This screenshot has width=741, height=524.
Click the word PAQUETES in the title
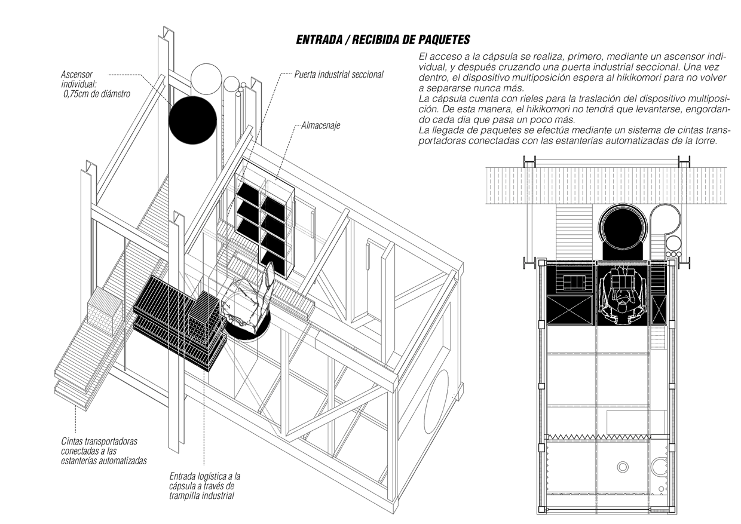pyautogui.click(x=444, y=39)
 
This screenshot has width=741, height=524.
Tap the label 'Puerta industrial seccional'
pyautogui.click(x=339, y=75)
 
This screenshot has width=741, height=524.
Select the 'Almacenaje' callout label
pyautogui.click(x=320, y=125)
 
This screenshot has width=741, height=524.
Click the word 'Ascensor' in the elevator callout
pyautogui.click(x=76, y=75)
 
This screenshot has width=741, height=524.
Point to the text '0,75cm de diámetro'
pyautogui.click(x=97, y=94)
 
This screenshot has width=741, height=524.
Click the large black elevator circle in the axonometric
pyautogui.click(x=192, y=120)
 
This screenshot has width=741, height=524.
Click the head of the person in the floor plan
pyautogui.click(x=623, y=308)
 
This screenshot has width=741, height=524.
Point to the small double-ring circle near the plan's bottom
pyautogui.click(x=623, y=467)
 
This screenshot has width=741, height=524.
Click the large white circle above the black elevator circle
pyautogui.click(x=206, y=79)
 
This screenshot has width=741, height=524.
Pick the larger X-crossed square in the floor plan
pyautogui.click(x=569, y=310)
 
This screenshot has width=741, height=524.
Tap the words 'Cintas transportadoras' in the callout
pyautogui.click(x=99, y=442)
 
